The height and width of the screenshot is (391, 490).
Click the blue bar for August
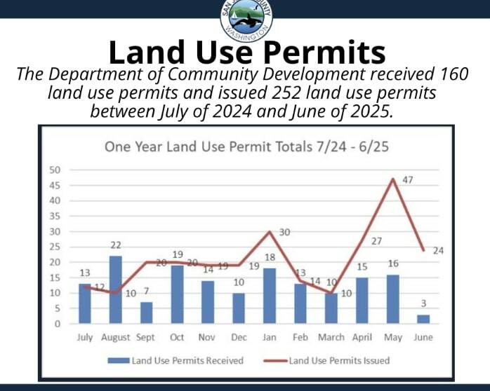point(116,290)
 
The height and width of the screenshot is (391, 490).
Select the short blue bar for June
point(423,319)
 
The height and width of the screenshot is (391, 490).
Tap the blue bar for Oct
point(177,294)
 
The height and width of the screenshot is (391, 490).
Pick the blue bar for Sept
point(146,313)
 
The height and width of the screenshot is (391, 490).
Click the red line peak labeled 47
point(393,179)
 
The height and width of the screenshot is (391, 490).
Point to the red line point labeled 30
point(270,231)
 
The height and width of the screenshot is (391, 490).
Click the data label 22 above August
point(116,245)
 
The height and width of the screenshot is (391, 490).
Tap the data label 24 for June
point(439,250)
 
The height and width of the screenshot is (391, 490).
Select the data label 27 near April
point(376,241)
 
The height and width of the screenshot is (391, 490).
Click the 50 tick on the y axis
point(53,170)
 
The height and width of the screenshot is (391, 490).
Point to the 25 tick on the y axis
point(53,247)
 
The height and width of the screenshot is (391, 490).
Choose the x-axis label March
point(331,337)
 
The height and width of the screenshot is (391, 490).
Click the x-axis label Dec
point(239,337)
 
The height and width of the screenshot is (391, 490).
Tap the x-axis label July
point(84,337)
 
